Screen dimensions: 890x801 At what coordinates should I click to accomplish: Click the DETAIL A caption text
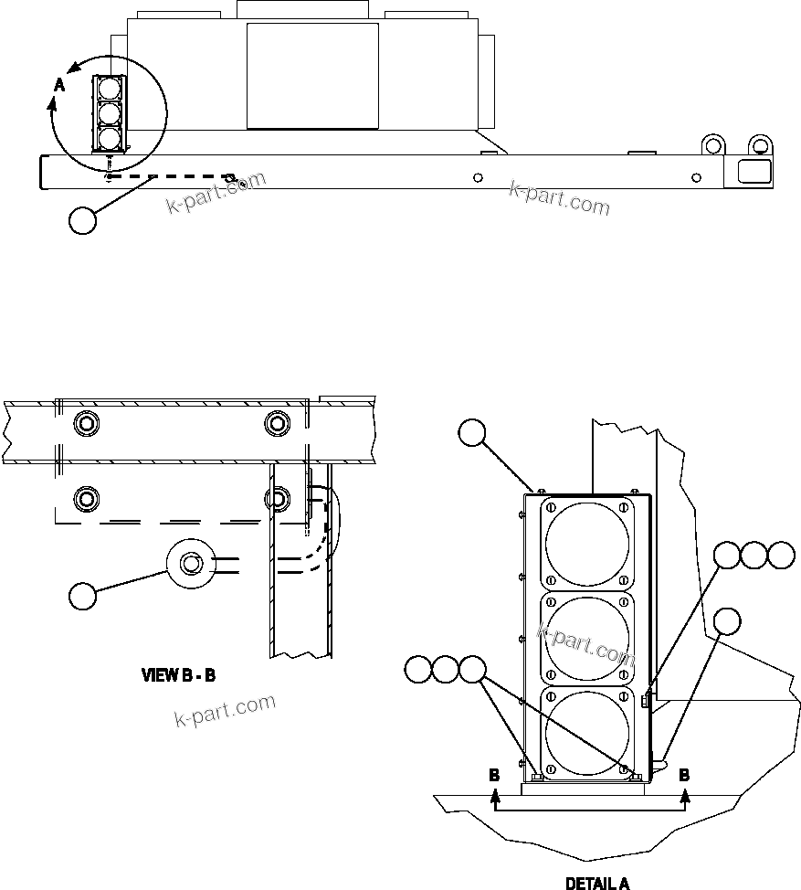click(x=597, y=883)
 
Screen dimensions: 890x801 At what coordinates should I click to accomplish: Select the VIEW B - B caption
click(x=178, y=676)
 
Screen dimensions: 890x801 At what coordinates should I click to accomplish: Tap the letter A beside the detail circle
click(x=59, y=84)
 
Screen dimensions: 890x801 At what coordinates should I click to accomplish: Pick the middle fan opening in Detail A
click(x=587, y=637)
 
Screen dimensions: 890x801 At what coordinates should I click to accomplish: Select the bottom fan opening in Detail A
click(x=587, y=733)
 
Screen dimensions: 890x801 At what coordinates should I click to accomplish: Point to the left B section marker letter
click(x=494, y=774)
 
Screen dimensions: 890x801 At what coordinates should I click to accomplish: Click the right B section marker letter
click(x=684, y=774)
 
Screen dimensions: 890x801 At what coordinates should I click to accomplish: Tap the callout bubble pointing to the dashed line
click(x=83, y=220)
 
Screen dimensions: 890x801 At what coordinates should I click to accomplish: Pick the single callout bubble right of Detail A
click(x=728, y=620)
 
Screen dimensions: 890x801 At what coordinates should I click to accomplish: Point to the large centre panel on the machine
click(x=312, y=75)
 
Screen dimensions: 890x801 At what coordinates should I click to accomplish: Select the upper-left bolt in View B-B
click(x=87, y=424)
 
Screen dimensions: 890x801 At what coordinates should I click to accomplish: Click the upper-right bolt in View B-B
click(x=277, y=424)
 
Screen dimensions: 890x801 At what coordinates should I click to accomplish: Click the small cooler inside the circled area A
click(x=109, y=113)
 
